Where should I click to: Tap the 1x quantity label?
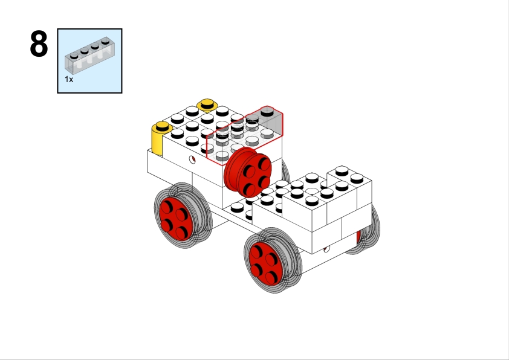[69, 79]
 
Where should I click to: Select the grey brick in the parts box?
[89, 54]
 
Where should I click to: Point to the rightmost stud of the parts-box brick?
[107, 40]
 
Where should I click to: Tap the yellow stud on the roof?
[207, 105]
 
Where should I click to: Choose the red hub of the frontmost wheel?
[267, 261]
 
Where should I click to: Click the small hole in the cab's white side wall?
[192, 160]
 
